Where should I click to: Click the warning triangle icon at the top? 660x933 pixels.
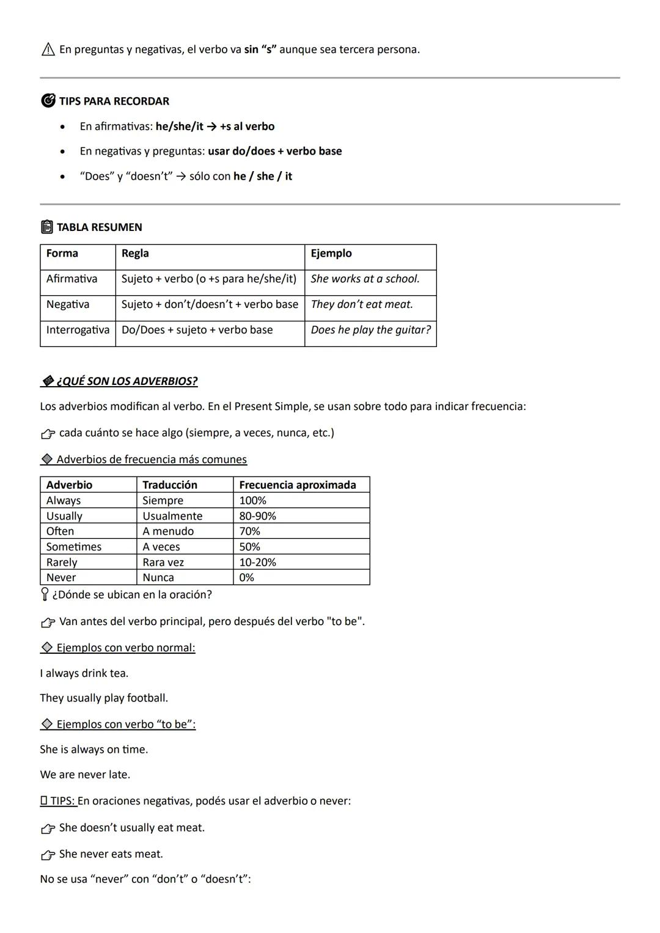click(x=48, y=49)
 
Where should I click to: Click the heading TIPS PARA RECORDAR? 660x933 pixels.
click(x=114, y=101)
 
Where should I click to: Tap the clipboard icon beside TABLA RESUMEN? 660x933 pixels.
click(x=47, y=227)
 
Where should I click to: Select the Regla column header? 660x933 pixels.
click(x=135, y=254)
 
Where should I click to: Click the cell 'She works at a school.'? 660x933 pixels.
click(x=365, y=279)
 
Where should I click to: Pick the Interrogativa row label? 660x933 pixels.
click(x=78, y=330)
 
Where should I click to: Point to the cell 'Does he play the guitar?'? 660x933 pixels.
click(x=370, y=330)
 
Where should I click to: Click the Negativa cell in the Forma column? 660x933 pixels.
click(x=68, y=304)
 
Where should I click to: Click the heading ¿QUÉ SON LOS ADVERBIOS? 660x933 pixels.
click(x=127, y=381)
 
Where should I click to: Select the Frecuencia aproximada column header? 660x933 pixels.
click(x=297, y=485)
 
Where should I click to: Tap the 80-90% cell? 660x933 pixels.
click(x=257, y=516)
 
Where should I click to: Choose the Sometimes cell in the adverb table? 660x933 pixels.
click(x=74, y=547)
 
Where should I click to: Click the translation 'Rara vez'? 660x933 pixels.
click(x=163, y=563)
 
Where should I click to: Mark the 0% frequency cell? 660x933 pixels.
click(x=246, y=578)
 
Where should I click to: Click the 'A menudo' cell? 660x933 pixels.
click(x=168, y=532)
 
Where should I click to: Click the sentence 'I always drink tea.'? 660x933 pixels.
click(x=84, y=673)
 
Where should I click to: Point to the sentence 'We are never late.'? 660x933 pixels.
click(x=85, y=775)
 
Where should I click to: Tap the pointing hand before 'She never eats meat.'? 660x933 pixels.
click(x=48, y=855)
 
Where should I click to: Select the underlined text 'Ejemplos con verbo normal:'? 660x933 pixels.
click(x=125, y=648)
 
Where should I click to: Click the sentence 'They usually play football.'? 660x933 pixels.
click(x=104, y=698)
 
